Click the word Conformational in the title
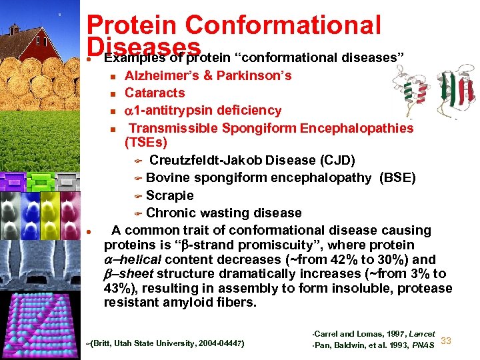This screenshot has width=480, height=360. (x=283, y=25)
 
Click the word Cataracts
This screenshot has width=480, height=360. (x=155, y=93)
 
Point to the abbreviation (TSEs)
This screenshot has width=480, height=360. (x=146, y=143)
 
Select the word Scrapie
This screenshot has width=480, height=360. (x=170, y=195)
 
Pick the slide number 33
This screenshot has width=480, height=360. (x=447, y=341)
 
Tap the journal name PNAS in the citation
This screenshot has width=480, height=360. (x=421, y=344)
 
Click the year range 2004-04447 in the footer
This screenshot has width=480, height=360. (x=220, y=343)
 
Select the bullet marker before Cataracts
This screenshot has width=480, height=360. (x=113, y=93)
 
